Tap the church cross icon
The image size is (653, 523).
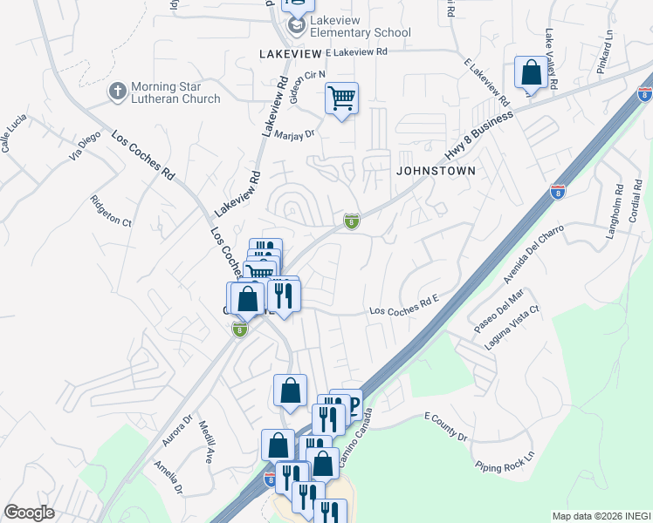118,91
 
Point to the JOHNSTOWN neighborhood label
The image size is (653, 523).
436,171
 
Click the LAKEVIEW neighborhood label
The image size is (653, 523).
290,54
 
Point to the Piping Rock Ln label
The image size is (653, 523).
505,465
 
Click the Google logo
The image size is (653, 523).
29,513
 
